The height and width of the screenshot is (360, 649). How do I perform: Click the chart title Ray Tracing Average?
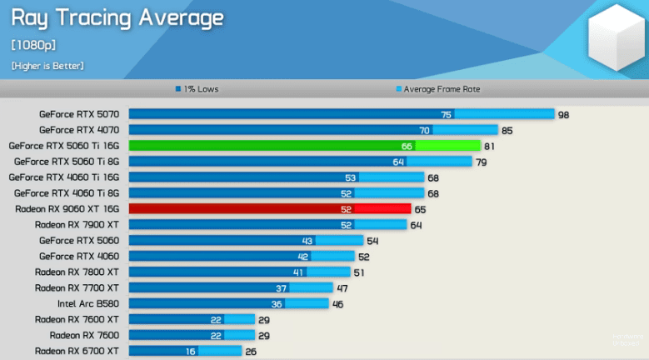(x=117, y=17)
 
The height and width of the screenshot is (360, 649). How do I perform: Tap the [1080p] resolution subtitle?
(x=33, y=44)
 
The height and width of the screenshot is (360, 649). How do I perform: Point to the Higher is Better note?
(x=47, y=65)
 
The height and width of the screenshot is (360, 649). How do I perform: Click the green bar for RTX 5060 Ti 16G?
(x=304, y=146)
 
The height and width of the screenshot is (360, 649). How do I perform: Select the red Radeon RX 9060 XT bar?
(x=269, y=209)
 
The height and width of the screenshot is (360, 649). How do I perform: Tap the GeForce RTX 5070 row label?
(x=79, y=114)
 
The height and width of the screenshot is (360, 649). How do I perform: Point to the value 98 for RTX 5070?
(x=563, y=114)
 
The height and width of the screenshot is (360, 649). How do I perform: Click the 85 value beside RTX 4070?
(x=507, y=130)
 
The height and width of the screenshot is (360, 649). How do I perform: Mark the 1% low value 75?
(x=447, y=114)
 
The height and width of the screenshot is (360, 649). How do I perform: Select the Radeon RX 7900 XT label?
(x=77, y=224)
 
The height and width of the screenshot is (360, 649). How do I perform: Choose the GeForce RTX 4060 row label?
(x=79, y=256)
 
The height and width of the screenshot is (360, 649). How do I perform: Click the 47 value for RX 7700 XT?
(x=342, y=287)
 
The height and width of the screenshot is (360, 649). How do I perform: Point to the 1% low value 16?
(x=191, y=351)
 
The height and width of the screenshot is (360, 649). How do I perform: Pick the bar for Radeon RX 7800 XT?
(x=240, y=272)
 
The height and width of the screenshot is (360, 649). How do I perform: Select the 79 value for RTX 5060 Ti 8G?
(x=481, y=162)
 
